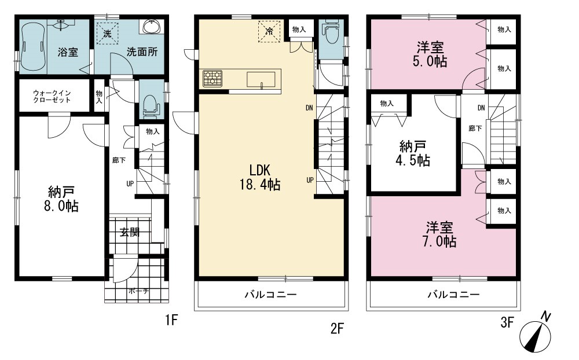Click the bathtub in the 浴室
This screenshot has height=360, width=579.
[x=33, y=46]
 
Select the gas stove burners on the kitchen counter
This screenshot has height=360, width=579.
[x=212, y=79]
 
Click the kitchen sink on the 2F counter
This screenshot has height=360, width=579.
[x=261, y=80]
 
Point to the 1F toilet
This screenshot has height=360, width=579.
[x=151, y=105]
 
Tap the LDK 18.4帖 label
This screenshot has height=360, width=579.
[x=260, y=177]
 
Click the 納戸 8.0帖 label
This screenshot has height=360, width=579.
[x=61, y=199]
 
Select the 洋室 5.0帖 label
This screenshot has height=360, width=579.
[x=430, y=54]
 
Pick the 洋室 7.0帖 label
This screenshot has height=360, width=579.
[x=439, y=234]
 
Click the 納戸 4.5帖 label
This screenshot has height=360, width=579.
[x=413, y=153]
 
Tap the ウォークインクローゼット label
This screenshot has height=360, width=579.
[x=52, y=97]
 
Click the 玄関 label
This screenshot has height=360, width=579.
[x=130, y=232]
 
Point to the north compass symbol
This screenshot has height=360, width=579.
[x=536, y=334]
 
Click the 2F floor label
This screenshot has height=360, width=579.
[x=337, y=328]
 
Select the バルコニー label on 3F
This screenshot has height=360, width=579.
[x=454, y=294]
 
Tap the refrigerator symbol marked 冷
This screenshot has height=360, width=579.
[x=270, y=31]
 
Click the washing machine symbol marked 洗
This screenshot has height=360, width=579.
[x=108, y=33]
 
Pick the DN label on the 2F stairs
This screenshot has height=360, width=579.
[x=309, y=108]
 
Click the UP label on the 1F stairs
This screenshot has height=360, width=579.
[x=130, y=183]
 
